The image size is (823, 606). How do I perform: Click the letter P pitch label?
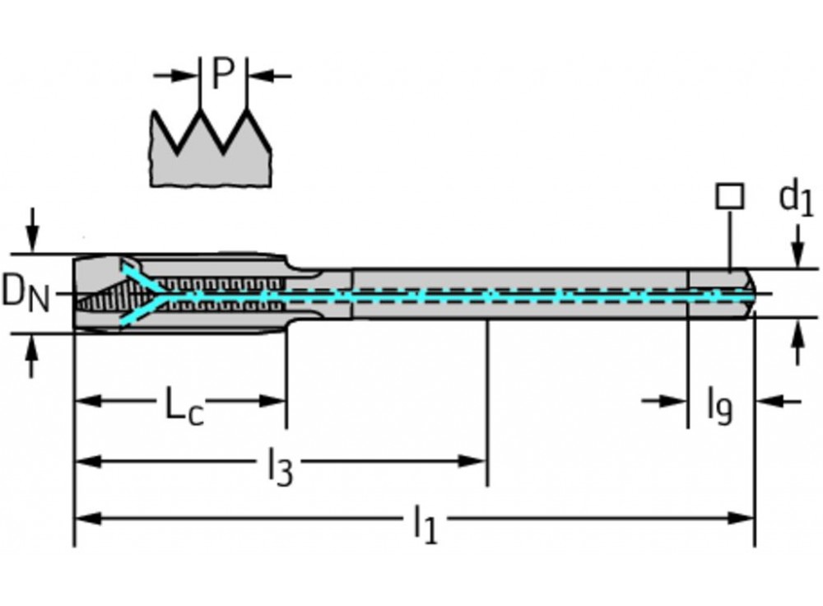[x=222, y=74]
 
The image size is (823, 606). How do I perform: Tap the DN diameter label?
[x=24, y=293]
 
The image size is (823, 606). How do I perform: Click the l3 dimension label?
[x=280, y=468]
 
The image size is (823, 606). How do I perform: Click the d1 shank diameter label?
[x=795, y=199]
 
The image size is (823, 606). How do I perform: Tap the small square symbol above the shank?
[x=729, y=196]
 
